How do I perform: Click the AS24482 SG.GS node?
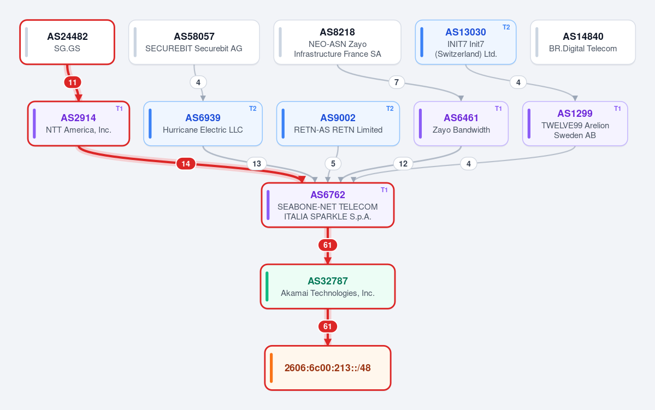67,42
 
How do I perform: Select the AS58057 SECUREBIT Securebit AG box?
194,42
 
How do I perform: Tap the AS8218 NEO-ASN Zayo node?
338,42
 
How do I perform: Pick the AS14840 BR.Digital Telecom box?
583,42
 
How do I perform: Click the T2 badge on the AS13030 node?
506,27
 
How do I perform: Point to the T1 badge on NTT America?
120,109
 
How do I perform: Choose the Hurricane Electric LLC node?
203,123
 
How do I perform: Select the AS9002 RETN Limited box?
338,123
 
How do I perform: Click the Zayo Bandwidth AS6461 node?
461,123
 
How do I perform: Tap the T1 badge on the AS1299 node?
617,109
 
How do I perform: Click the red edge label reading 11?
73,82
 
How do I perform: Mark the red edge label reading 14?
186,164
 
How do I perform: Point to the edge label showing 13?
257,164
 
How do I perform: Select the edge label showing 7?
397,82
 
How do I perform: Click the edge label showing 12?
403,164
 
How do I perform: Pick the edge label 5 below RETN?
333,164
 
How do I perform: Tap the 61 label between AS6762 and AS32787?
328,245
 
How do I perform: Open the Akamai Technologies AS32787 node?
328,287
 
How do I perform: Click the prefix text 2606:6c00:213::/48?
328,368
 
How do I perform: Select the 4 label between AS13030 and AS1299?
518,82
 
